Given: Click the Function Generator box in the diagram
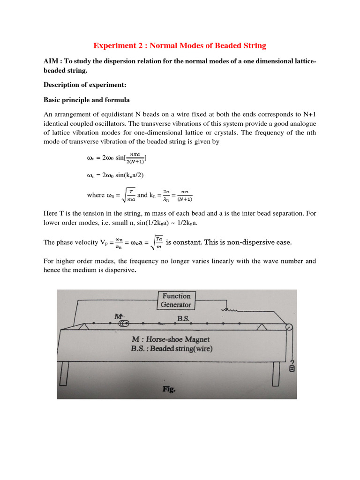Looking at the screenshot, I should pyautogui.click(x=176, y=300).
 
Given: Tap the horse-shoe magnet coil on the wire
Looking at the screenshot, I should pyautogui.click(x=123, y=323).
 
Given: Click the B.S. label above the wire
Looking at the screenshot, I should pyautogui.click(x=183, y=318).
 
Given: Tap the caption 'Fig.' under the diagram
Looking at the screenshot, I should pyautogui.click(x=169, y=389).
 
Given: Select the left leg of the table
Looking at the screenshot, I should pyautogui.click(x=64, y=371).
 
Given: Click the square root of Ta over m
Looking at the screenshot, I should pyautogui.click(x=156, y=242).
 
